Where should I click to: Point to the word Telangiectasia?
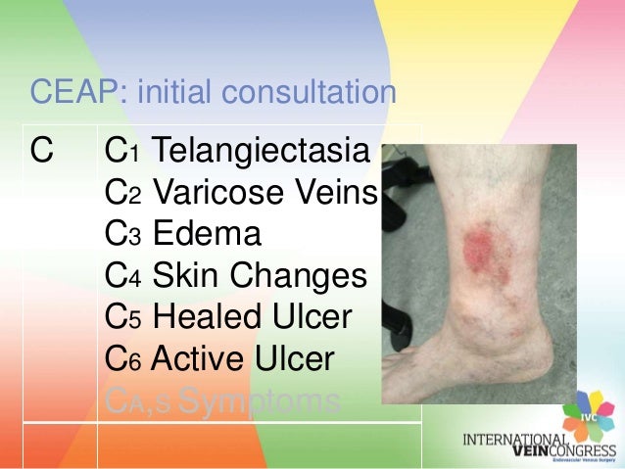(x=262, y=153)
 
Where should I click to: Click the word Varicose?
(x=208, y=194)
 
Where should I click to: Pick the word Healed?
(x=209, y=319)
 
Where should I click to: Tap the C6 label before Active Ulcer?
(x=121, y=361)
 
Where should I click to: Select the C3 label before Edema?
(x=121, y=236)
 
